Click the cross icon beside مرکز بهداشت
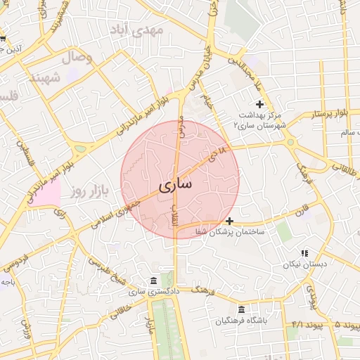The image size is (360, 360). [259, 104]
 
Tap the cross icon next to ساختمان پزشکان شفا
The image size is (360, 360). [229, 221]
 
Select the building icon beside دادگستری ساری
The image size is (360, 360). [154, 281]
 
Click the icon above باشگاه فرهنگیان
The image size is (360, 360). [242, 310]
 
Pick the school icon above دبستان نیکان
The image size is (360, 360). [304, 253]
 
